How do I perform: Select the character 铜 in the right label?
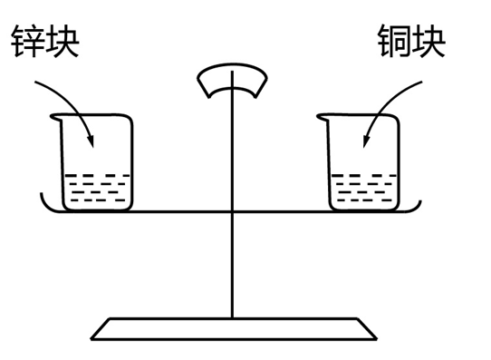point(393,41)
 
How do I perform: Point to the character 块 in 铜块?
point(428,41)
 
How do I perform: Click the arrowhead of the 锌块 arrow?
point(91,141)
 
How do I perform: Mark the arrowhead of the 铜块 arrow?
point(365,143)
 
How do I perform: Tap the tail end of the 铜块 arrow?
point(421,83)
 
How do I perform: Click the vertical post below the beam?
point(233,263)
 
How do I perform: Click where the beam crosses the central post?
point(233,212)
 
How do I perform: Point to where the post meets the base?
point(233,318)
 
